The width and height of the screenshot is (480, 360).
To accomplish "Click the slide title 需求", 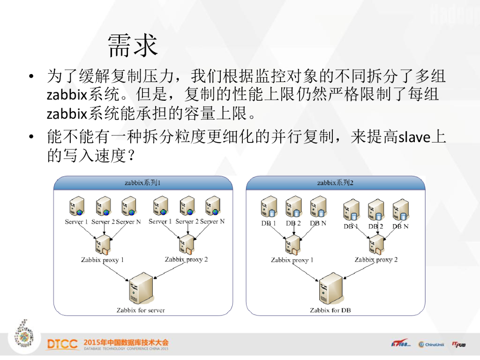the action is (x=133, y=45).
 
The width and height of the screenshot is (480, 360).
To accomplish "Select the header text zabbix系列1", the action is (x=142, y=183).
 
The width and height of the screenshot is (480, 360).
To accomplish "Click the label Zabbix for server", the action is (x=141, y=310).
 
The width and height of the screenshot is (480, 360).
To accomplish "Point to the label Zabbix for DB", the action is (x=330, y=310).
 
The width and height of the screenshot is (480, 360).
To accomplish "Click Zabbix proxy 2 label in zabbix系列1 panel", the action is (x=186, y=259).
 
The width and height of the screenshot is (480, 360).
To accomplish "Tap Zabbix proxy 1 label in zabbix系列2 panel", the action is (x=292, y=260).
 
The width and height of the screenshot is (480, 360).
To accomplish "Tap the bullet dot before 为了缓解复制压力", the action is (x=31, y=76).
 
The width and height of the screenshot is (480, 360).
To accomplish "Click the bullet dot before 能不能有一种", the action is (x=31, y=138).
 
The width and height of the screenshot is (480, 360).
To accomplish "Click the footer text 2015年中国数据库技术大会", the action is (x=126, y=342).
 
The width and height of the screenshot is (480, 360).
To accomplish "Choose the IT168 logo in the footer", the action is (x=400, y=344).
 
